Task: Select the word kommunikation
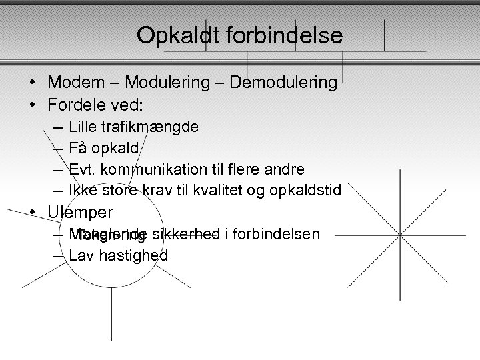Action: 155,169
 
